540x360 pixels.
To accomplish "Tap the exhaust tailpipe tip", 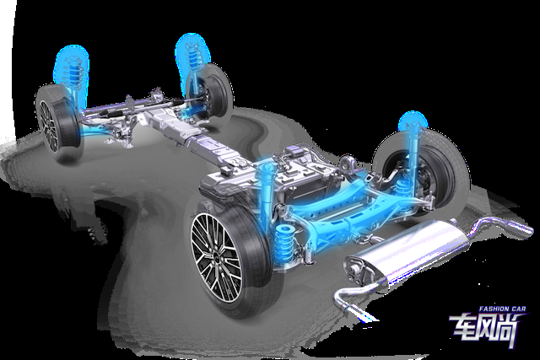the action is (525, 228).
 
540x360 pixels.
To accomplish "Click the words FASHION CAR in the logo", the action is (503, 309).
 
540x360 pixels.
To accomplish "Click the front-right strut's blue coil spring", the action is (192, 54).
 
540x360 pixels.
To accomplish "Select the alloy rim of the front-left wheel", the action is (48, 126).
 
